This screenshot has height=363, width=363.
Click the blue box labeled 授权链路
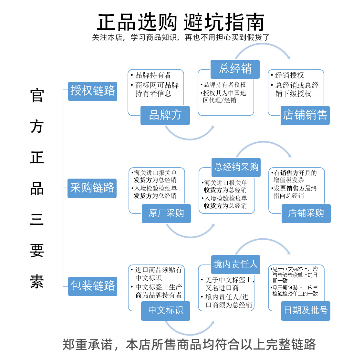coord(93,91)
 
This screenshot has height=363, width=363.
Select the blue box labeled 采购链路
coord(92,188)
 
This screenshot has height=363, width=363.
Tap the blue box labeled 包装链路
coord(93,286)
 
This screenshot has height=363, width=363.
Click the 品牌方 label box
coord(165,115)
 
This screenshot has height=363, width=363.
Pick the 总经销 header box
coord(235,69)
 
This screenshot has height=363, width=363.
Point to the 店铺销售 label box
coord(305,115)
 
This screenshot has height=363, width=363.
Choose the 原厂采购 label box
coord(166,213)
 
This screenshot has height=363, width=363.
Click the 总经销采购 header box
coord(236,167)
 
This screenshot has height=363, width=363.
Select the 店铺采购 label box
coord(306,213)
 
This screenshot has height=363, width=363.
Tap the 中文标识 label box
coord(166,311)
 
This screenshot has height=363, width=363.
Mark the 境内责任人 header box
coord(236,264)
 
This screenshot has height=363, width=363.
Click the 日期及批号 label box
coord(306,311)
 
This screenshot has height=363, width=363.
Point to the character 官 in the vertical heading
coord(37,95)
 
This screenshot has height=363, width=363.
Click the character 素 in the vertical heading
coord(37,282)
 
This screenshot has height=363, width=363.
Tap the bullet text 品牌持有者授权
coord(224,85)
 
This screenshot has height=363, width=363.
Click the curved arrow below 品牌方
coord(190,139)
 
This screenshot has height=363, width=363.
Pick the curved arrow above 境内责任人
coord(263,239)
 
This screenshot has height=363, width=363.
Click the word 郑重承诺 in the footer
coord(88,345)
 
